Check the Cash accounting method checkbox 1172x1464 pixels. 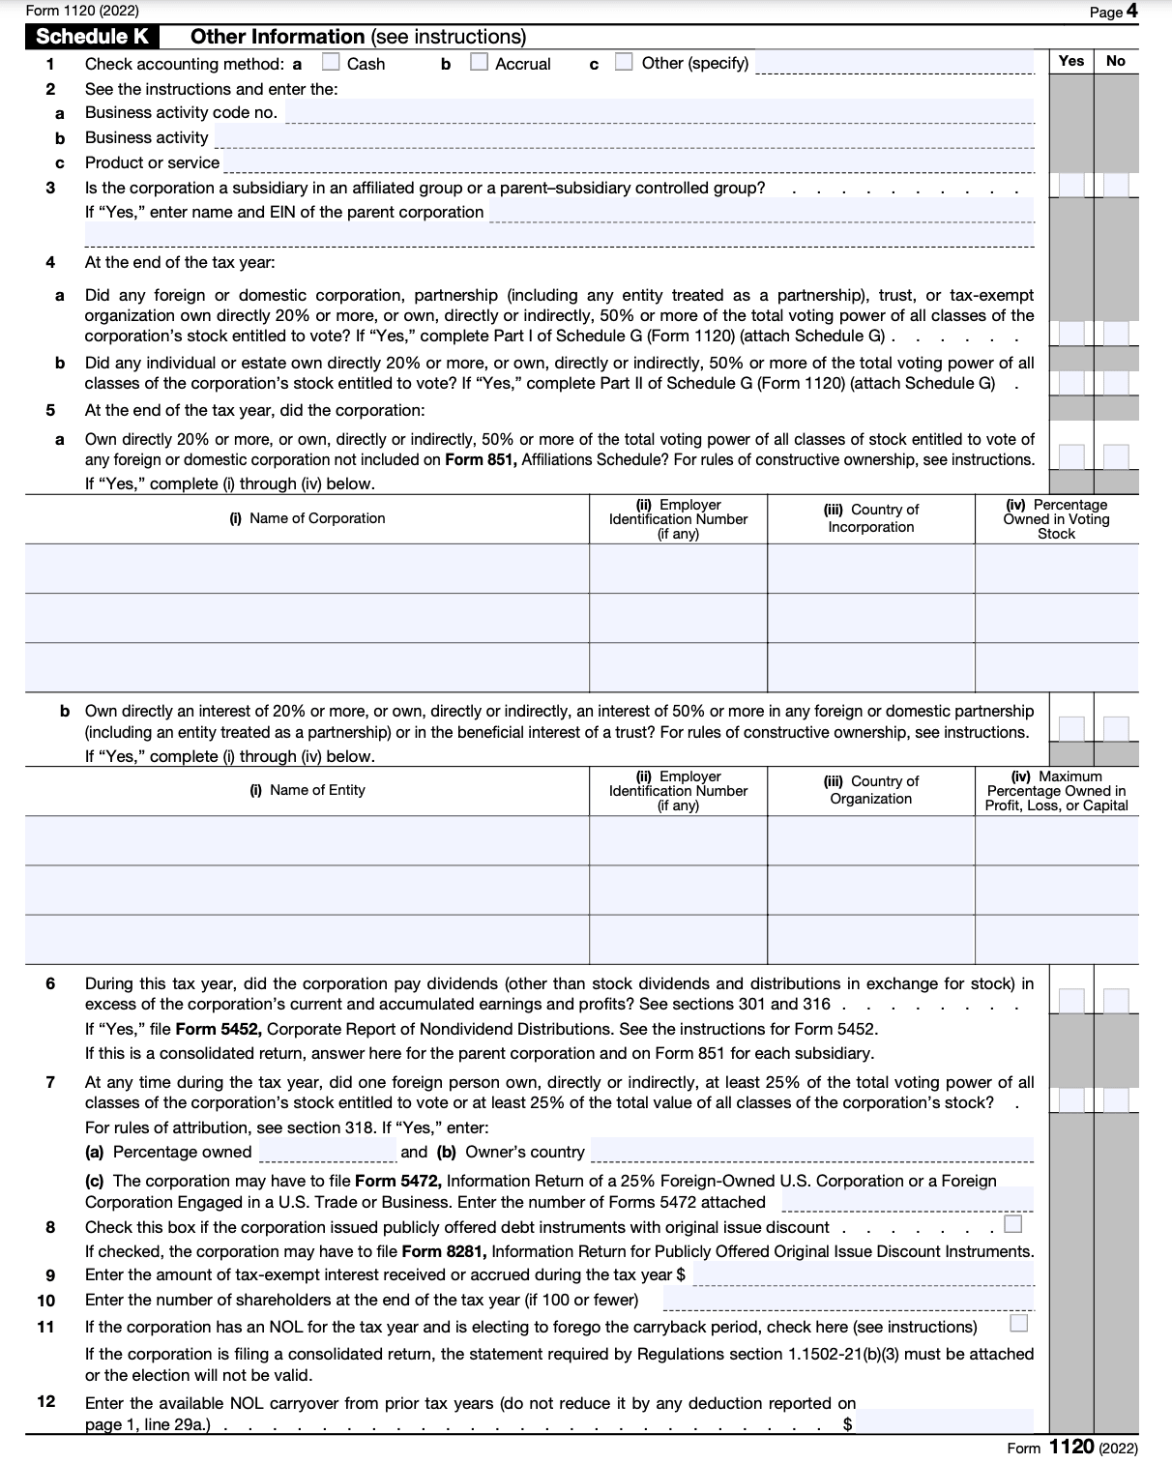tap(331, 63)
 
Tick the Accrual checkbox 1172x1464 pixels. tap(479, 63)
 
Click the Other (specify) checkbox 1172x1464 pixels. tap(625, 63)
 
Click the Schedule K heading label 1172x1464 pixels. tap(92, 37)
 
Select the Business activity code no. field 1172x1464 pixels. tap(659, 112)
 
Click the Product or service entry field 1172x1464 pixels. tap(628, 162)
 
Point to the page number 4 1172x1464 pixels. tap(1131, 12)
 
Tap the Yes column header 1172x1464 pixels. tap(1070, 61)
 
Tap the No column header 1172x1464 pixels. tap(1116, 61)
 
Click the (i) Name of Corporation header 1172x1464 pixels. tap(308, 518)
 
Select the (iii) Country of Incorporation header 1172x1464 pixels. tap(870, 518)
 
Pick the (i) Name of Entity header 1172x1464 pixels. tap(308, 790)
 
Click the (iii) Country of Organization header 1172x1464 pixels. tap(870, 790)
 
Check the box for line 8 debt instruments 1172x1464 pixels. tap(1012, 1225)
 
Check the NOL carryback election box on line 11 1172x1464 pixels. tap(1017, 1323)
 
